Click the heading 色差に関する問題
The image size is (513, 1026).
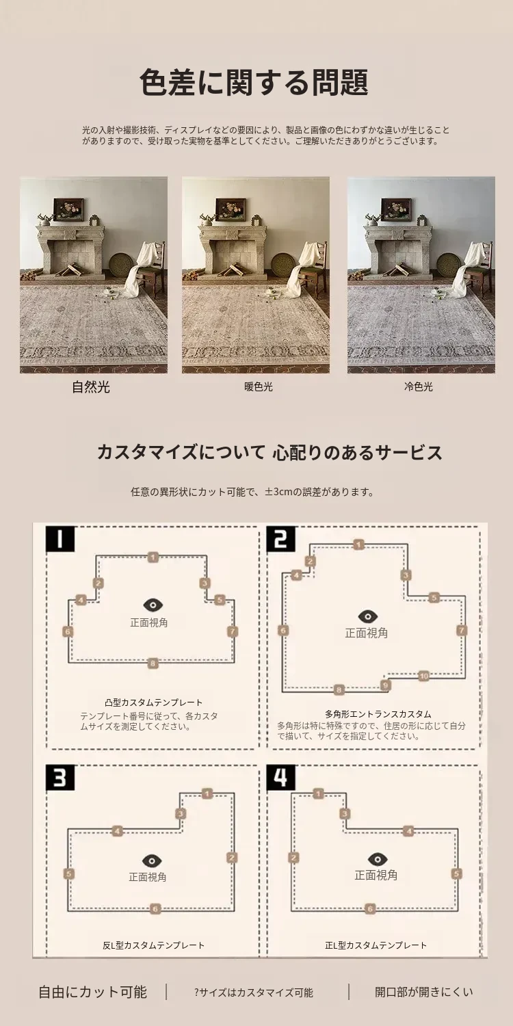254,83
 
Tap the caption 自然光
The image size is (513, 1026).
91,387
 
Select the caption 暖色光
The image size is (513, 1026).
259,387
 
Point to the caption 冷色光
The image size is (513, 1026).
418,386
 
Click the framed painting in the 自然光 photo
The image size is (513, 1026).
68,209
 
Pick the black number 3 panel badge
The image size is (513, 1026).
60,777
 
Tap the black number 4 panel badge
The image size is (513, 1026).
281,777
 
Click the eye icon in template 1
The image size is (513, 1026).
153,605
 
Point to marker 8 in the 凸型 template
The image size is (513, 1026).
153,663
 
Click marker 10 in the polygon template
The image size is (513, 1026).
423,676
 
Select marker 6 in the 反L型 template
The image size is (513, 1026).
155,909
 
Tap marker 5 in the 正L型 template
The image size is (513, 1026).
456,873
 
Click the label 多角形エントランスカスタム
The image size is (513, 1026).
378,713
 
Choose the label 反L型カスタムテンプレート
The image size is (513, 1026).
153,945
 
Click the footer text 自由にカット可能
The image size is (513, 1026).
92,992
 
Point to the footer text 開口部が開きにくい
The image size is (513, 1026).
423,992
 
